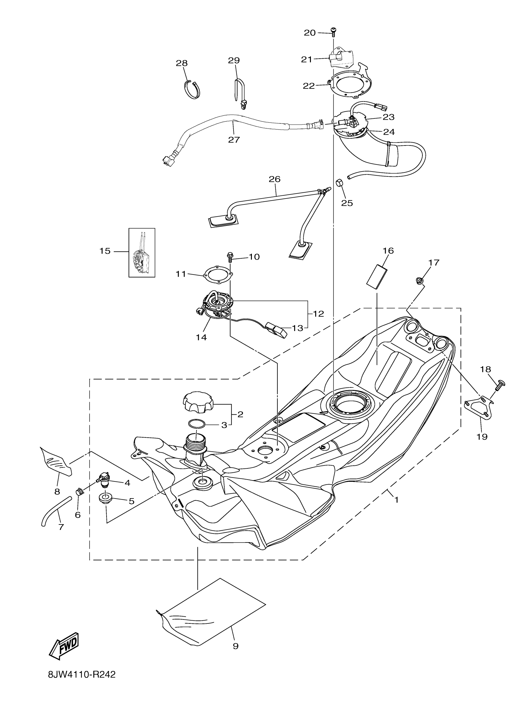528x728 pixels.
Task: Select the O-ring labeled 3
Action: [x=197, y=424]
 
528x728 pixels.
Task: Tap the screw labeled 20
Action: [x=333, y=31]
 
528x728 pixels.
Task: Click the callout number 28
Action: [x=182, y=63]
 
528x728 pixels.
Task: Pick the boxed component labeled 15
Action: [x=142, y=252]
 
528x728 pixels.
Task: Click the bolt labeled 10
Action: [x=230, y=256]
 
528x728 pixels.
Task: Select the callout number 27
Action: [x=234, y=140]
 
